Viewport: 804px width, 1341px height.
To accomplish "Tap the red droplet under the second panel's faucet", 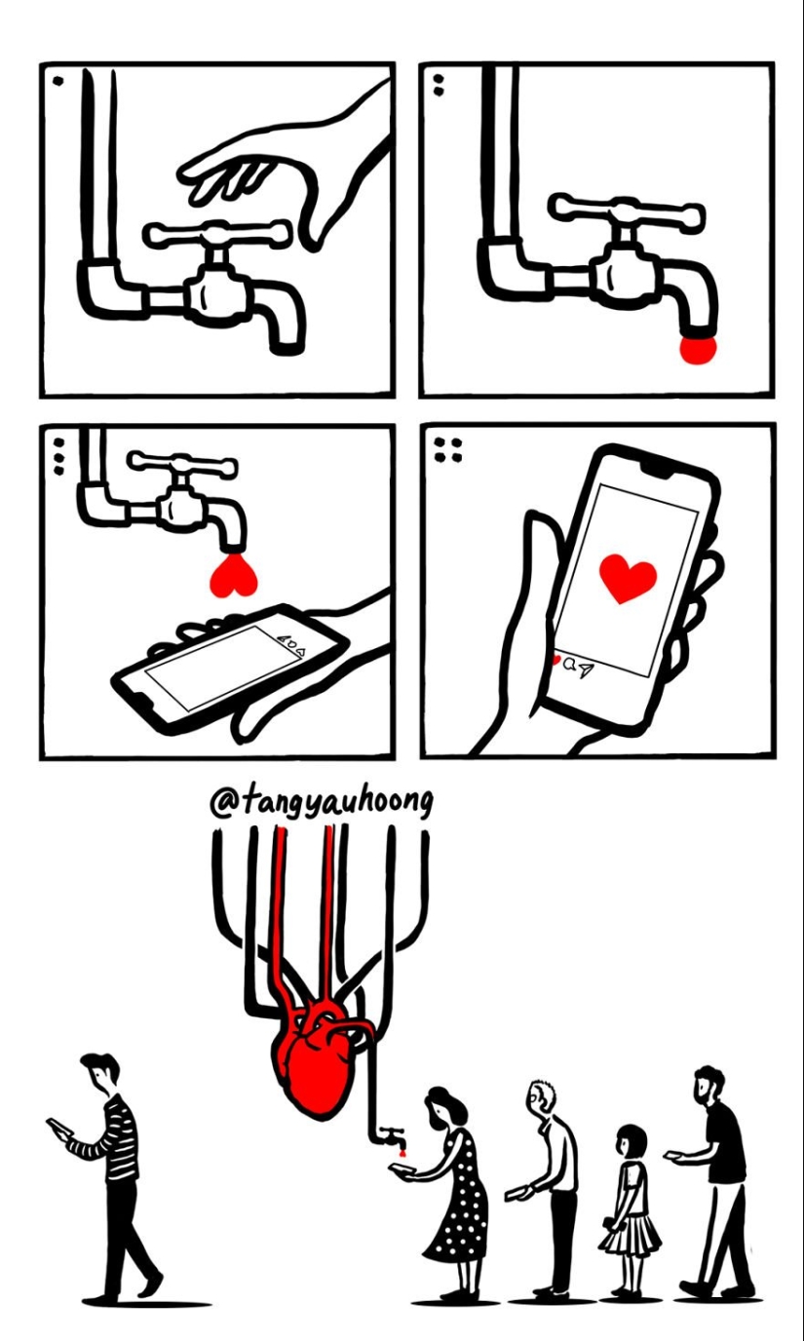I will tap(698, 348).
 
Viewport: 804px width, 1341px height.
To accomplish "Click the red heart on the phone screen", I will tap(628, 577).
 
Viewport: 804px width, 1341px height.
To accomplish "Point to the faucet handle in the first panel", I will tap(217, 234).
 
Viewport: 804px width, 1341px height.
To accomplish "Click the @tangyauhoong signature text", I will tap(322, 803).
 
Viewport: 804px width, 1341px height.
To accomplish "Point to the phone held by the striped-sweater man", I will tap(57, 1128).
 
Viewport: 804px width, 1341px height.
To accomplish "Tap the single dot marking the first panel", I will tap(57, 81).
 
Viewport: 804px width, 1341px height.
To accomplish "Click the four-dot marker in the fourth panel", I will tap(448, 449).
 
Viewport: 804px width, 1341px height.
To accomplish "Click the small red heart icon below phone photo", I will tap(556, 660).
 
